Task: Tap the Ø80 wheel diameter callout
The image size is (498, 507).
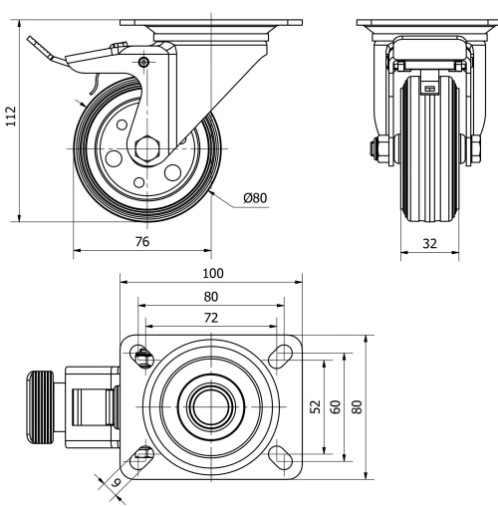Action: [255, 198]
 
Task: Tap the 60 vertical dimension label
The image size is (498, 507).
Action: [336, 406]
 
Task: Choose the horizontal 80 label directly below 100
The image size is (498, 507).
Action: [210, 296]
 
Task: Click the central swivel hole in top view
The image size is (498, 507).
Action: [209, 406]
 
